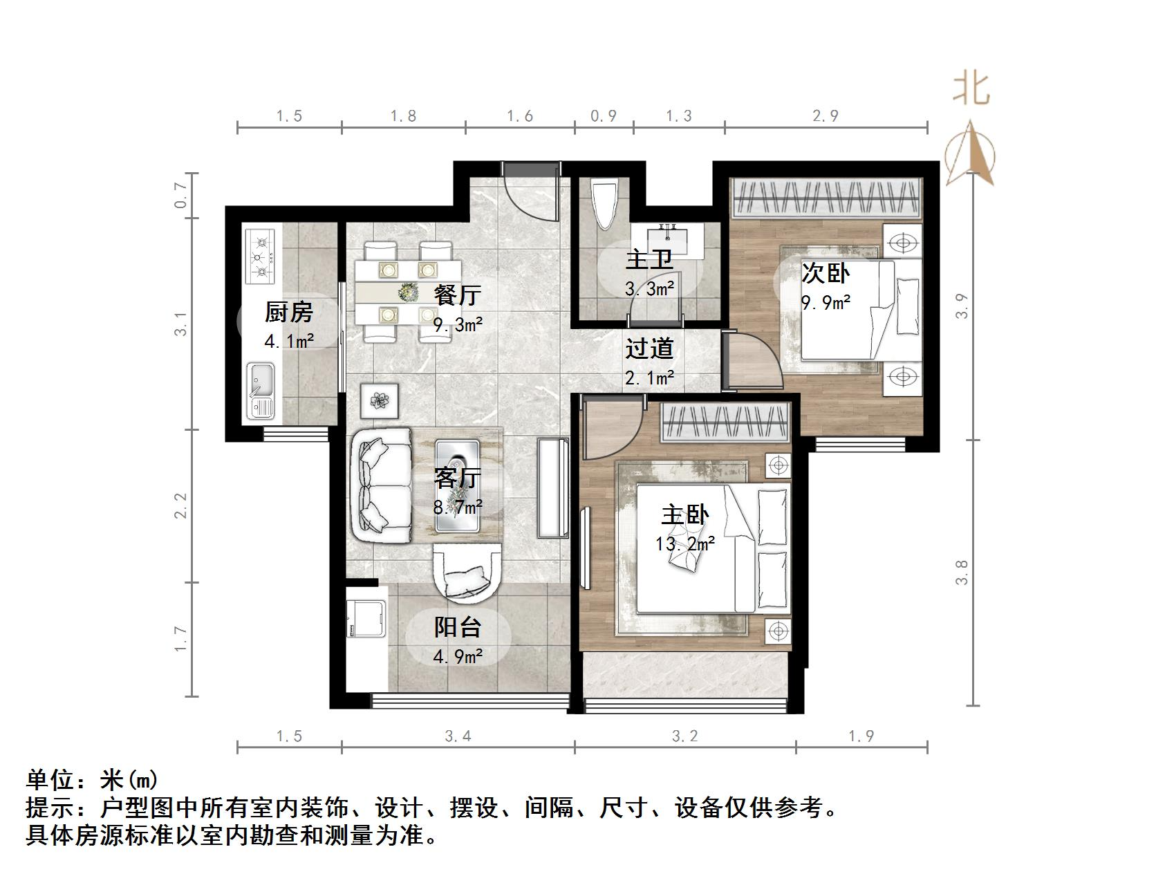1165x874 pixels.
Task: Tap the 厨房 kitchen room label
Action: point(288,313)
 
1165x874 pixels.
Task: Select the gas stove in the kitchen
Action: point(261,257)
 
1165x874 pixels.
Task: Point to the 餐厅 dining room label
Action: point(457,295)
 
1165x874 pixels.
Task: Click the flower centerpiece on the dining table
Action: point(408,292)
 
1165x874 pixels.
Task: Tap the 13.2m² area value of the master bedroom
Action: point(684,544)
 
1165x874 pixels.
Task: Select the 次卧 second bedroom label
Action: point(826,274)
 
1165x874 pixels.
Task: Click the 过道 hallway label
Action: point(649,348)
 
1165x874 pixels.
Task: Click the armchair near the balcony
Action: point(465,571)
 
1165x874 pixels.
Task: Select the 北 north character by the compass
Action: point(971,90)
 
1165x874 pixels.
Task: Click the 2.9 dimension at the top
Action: point(826,115)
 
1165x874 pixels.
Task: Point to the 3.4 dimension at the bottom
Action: point(458,736)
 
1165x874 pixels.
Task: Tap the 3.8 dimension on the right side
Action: point(962,572)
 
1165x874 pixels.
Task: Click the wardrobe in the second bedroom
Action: point(826,198)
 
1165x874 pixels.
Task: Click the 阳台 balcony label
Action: point(457,627)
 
